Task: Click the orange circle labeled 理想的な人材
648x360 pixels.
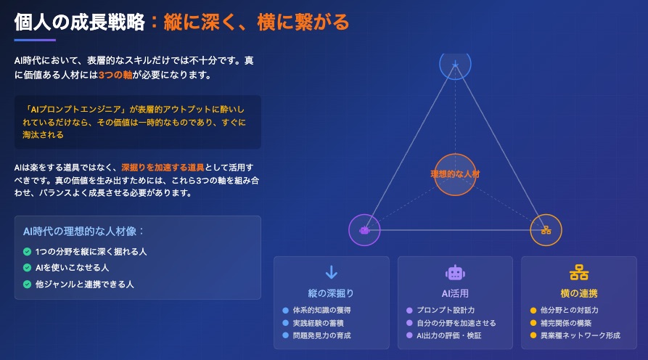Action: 455,174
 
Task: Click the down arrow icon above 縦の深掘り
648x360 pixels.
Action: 332,272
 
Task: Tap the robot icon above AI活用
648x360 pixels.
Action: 455,273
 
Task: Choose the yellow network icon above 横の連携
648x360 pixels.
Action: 579,273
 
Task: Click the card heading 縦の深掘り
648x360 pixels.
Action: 331,293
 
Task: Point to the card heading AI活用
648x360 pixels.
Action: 455,293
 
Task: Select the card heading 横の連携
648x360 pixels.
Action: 579,293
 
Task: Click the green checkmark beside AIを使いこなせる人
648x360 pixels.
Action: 28,268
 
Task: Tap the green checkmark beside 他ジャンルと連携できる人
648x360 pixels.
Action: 28,285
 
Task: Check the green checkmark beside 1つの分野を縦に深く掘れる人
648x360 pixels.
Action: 28,252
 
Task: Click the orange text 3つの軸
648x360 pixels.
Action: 115,75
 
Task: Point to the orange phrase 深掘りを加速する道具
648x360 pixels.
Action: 163,168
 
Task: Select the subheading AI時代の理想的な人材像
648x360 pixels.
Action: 80,231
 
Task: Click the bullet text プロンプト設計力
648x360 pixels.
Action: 446,310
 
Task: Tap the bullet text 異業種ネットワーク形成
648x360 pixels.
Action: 581,335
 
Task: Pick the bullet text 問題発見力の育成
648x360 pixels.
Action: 321,335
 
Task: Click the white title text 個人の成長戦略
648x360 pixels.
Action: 79,22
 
